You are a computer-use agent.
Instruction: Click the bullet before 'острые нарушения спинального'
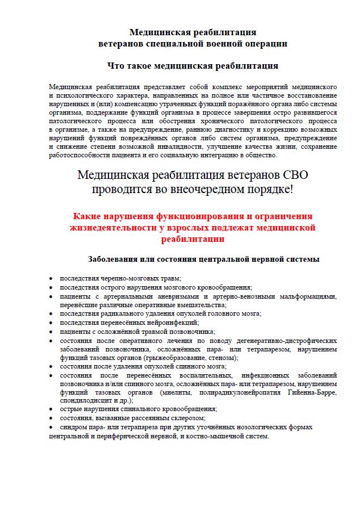51,409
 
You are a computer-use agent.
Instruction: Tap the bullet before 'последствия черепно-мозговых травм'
51,278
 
